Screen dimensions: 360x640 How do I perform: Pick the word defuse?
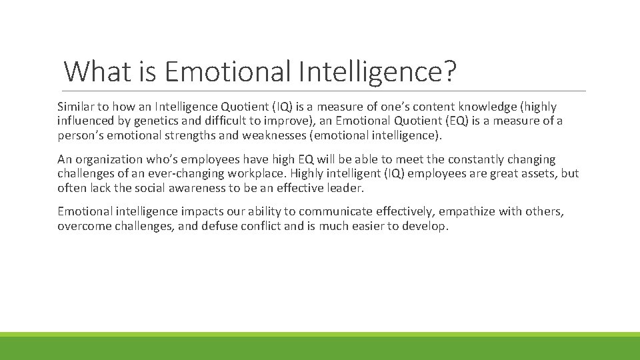pos(215,226)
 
